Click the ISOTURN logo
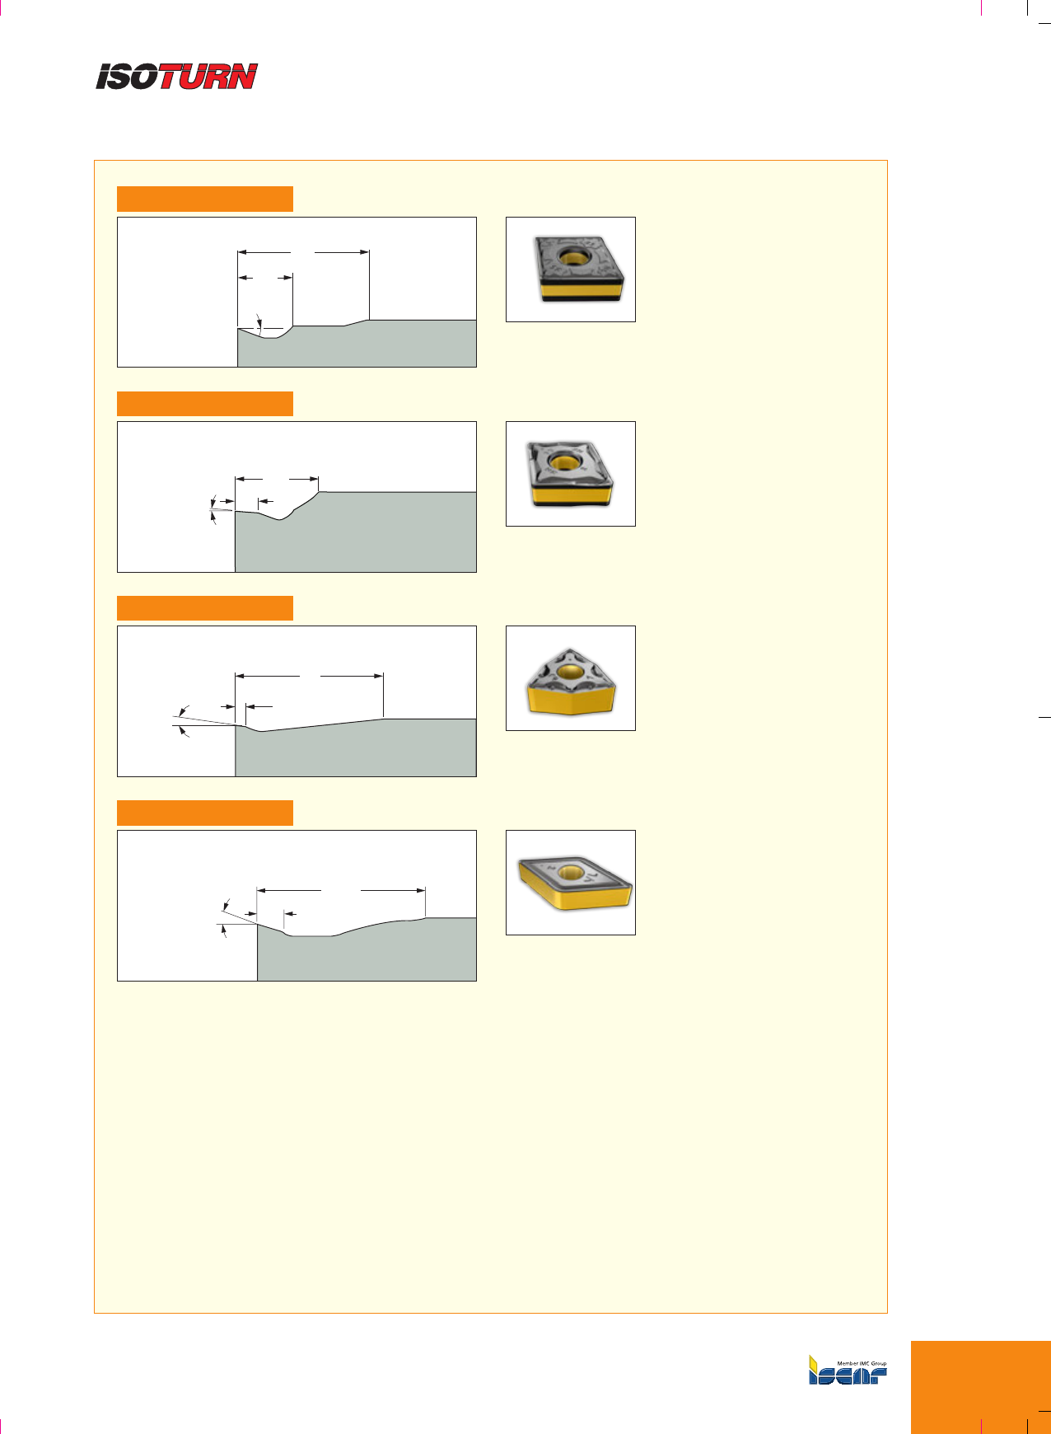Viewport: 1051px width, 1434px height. (177, 77)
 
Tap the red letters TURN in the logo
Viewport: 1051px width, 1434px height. (208, 77)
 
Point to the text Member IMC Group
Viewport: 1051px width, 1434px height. (862, 1364)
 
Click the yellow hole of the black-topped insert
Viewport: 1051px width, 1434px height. (570, 256)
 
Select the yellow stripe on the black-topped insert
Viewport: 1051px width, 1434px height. (582, 290)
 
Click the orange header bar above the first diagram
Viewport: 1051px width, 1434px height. (205, 199)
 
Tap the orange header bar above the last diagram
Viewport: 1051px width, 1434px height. (205, 813)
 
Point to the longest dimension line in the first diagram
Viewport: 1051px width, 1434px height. (303, 251)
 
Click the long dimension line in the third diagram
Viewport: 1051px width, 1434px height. (309, 676)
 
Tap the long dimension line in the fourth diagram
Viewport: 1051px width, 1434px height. (341, 890)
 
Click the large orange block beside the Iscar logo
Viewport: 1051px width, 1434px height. (980, 1388)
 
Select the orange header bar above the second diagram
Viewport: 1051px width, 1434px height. (205, 404)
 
